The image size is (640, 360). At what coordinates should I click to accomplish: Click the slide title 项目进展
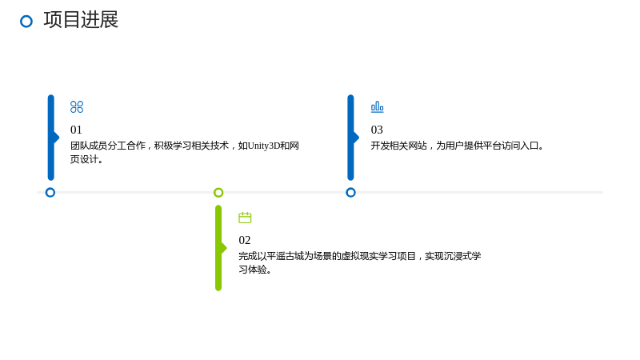click(81, 19)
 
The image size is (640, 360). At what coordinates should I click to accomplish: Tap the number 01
click(76, 130)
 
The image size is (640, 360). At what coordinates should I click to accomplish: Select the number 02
click(245, 240)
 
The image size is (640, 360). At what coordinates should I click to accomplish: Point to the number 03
click(377, 130)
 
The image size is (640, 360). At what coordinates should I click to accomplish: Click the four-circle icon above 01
click(77, 107)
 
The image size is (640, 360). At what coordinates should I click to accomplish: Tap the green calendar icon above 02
click(245, 218)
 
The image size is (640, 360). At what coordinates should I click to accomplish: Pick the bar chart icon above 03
click(377, 107)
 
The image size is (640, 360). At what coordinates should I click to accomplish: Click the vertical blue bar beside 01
click(51, 138)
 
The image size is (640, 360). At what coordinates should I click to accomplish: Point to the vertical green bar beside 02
click(218, 248)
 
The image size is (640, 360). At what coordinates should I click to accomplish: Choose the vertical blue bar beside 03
click(350, 138)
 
